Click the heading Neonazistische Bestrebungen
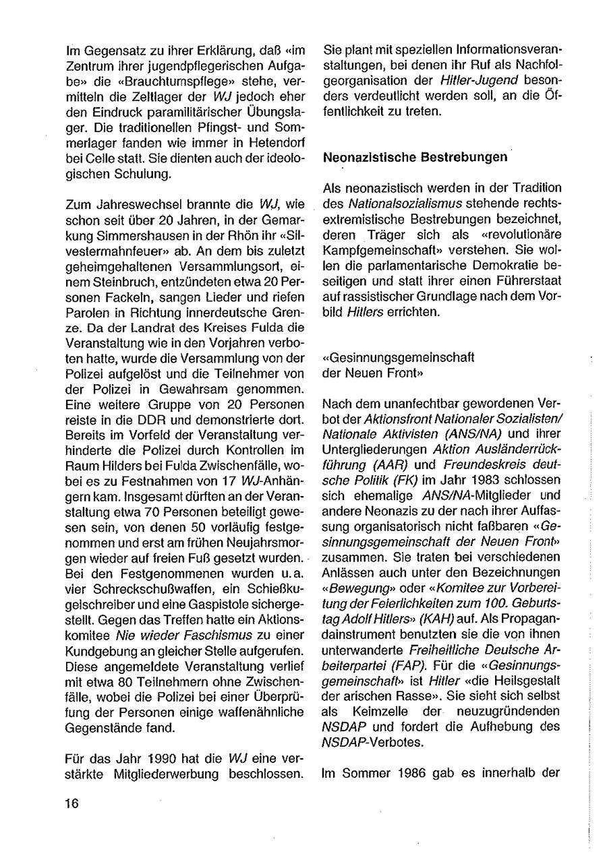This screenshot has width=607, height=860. point(415,158)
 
